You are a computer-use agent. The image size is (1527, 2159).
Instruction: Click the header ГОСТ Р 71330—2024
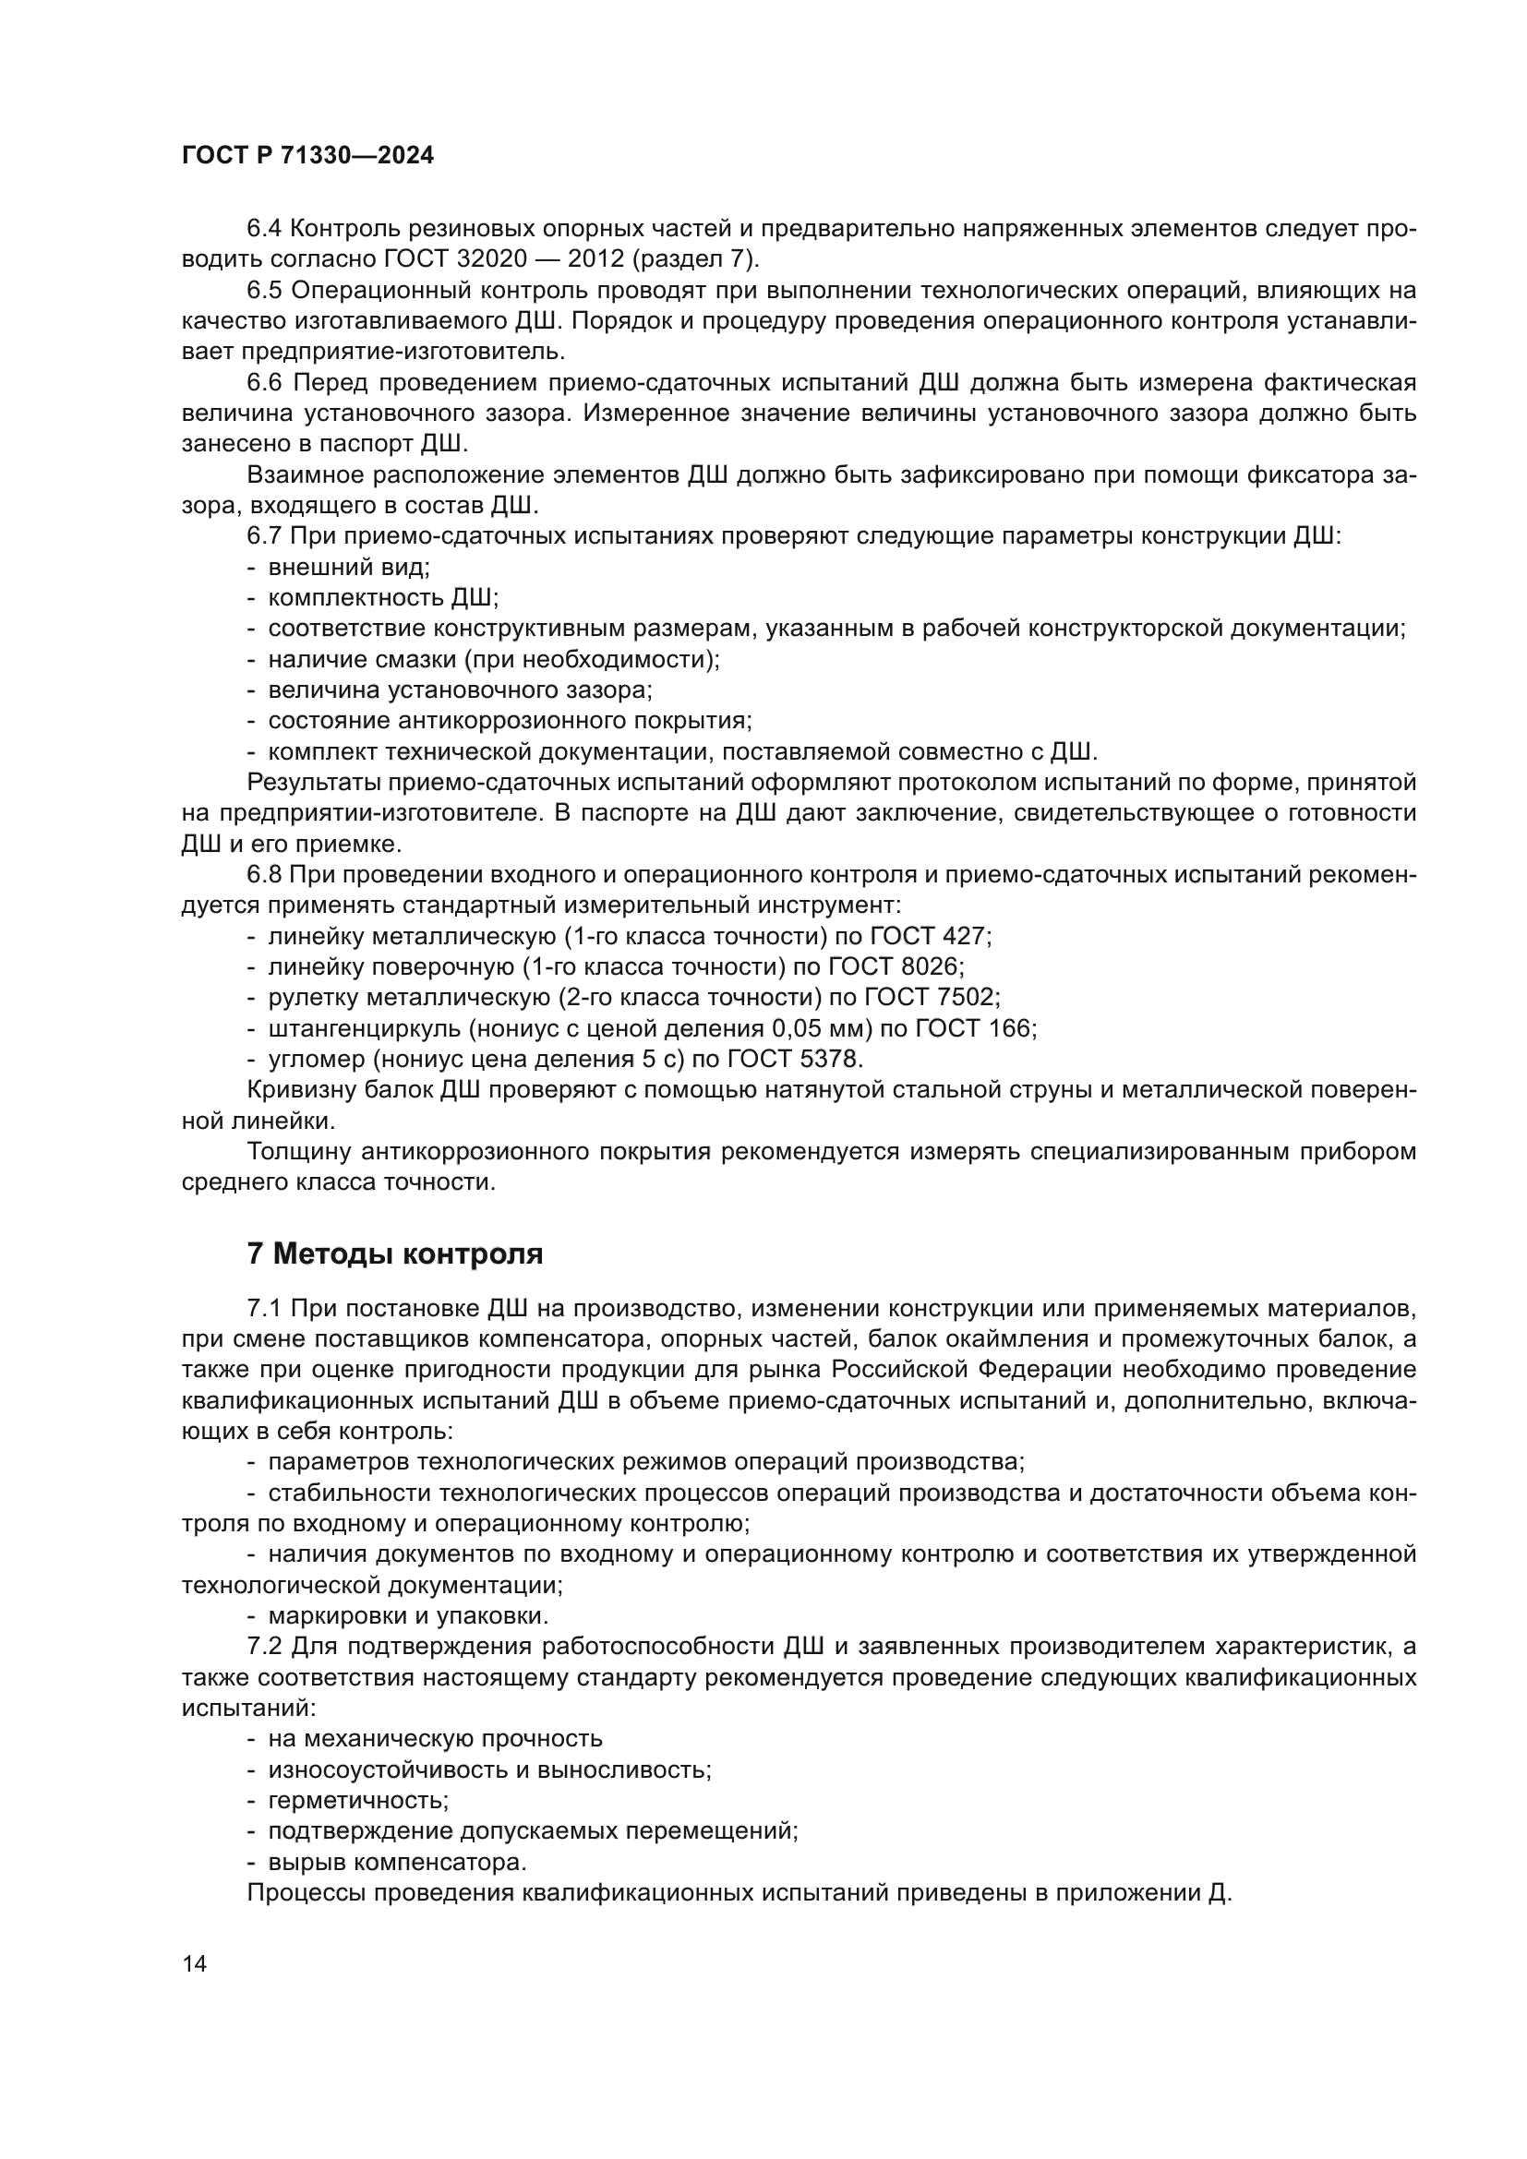click(307, 156)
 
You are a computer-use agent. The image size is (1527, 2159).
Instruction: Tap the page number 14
click(195, 1964)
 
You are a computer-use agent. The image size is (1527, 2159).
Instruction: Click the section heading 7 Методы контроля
click(395, 1253)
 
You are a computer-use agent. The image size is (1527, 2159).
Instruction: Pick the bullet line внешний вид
click(348, 567)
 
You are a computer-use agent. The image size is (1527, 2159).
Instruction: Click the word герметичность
click(358, 1801)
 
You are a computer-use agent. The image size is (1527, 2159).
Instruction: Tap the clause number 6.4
click(265, 229)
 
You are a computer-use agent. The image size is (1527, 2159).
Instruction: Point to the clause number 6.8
click(265, 874)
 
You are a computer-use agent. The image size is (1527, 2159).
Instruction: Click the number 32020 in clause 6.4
click(516, 259)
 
